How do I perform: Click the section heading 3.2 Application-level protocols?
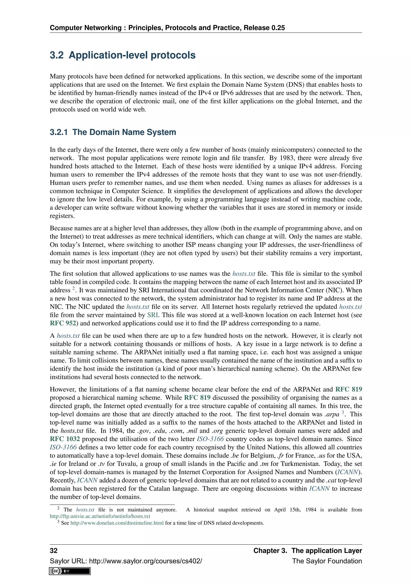[x=123, y=55]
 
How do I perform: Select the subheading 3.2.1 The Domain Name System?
[x=113, y=132]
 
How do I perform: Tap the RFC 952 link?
[x=63, y=323]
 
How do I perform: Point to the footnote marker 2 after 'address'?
[x=74, y=288]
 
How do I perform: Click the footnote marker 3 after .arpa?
[x=343, y=412]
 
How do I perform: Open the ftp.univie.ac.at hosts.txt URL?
[x=100, y=516]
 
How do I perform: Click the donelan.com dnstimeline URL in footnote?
[x=117, y=523]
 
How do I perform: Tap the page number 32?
[x=54, y=551]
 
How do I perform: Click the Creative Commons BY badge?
[x=70, y=571]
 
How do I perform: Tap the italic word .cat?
[x=331, y=480]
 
